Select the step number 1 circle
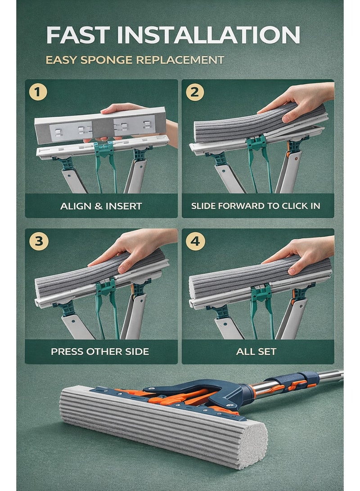coord(38,92)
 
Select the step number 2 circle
coord(195,92)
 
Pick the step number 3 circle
coord(38,241)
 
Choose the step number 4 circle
coord(195,241)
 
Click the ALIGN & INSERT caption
coord(101,206)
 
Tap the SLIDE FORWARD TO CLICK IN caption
coord(256,206)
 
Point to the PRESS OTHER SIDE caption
coord(100,351)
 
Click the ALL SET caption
coord(256,351)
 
